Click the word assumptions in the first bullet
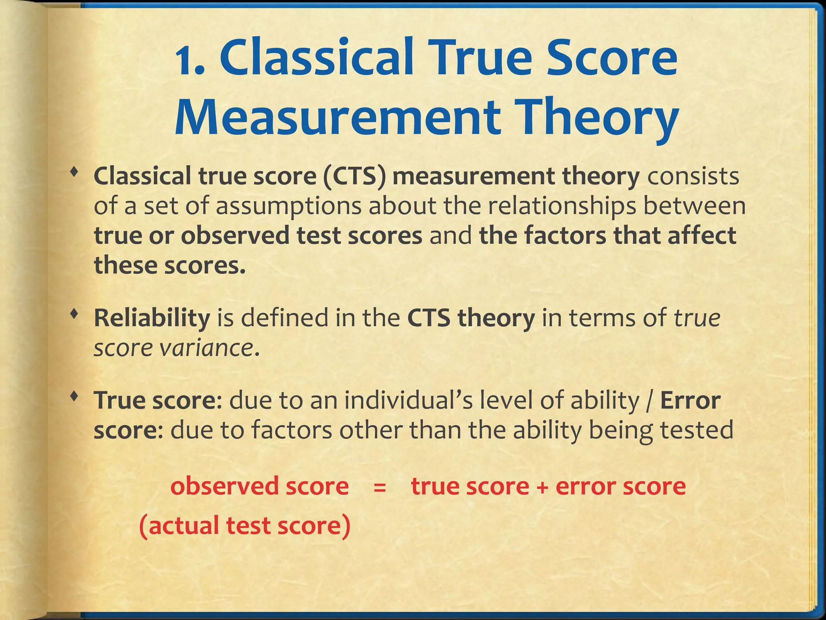288,206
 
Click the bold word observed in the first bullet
235,236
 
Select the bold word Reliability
152,318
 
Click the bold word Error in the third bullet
690,400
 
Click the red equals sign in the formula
380,487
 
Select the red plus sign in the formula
542,487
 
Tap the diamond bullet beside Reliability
73,314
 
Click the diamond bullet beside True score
73,396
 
